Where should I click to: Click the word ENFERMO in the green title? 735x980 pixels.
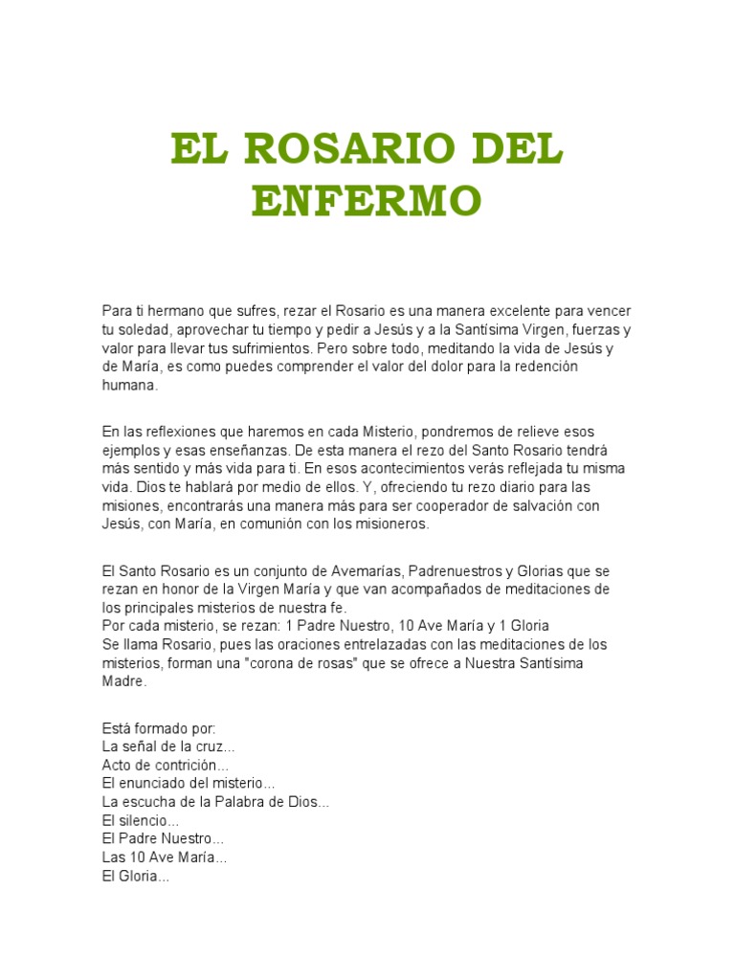pyautogui.click(x=367, y=200)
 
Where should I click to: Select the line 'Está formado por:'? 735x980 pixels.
pyautogui.click(x=159, y=728)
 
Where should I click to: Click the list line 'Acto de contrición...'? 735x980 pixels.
pyautogui.click(x=166, y=766)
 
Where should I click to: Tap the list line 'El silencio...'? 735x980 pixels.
pyautogui.click(x=140, y=821)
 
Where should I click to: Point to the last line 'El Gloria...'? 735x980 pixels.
pyautogui.click(x=135, y=876)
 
